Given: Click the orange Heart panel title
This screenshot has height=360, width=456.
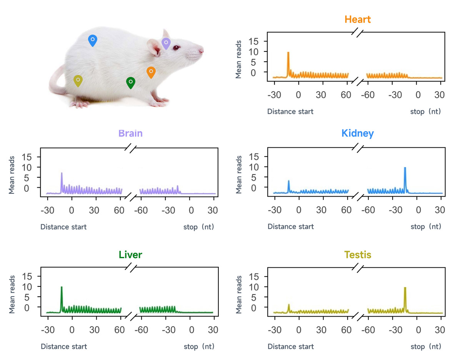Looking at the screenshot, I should click(x=358, y=19).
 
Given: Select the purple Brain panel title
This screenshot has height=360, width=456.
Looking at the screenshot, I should click(x=130, y=133).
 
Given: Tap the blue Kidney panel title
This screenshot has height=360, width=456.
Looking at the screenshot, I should click(x=358, y=133).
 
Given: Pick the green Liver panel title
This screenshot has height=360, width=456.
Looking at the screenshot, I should click(x=130, y=255).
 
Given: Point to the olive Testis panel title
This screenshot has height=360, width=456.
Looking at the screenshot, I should click(x=358, y=255).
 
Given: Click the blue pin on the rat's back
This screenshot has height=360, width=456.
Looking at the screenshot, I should click(x=92, y=40).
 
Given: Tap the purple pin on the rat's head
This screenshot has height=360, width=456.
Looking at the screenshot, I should click(x=166, y=43).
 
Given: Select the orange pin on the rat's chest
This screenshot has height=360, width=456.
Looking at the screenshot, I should click(x=151, y=72).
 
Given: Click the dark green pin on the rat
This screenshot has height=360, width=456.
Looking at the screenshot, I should click(x=131, y=82).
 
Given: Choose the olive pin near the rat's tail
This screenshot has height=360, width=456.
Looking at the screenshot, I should click(x=78, y=80).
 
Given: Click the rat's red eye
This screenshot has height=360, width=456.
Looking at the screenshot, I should click(x=176, y=48).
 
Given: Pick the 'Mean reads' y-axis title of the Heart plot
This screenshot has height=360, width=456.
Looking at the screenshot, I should click(x=239, y=59).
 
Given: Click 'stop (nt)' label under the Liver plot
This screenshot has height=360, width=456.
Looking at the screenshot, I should click(x=199, y=347).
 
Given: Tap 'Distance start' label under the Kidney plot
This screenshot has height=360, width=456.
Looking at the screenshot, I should click(x=291, y=227).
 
